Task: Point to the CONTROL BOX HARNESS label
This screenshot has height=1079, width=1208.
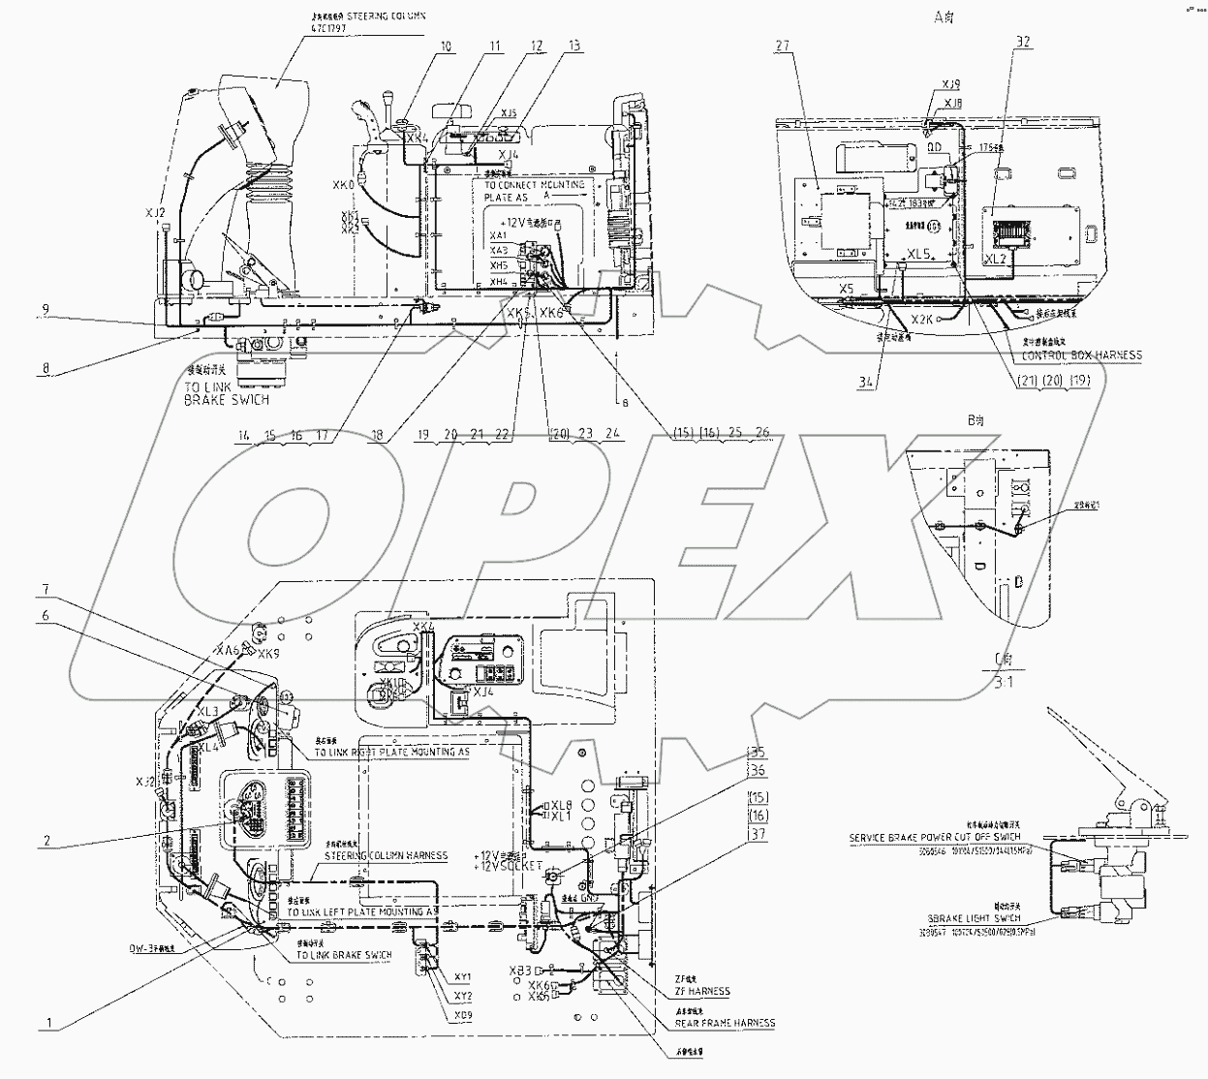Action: pyautogui.click(x=1082, y=355)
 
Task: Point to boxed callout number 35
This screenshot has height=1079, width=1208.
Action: pyautogui.click(x=757, y=752)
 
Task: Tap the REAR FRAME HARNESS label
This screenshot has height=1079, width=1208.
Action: pyautogui.click(x=726, y=1023)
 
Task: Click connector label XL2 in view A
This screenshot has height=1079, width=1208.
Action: pyautogui.click(x=995, y=260)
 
